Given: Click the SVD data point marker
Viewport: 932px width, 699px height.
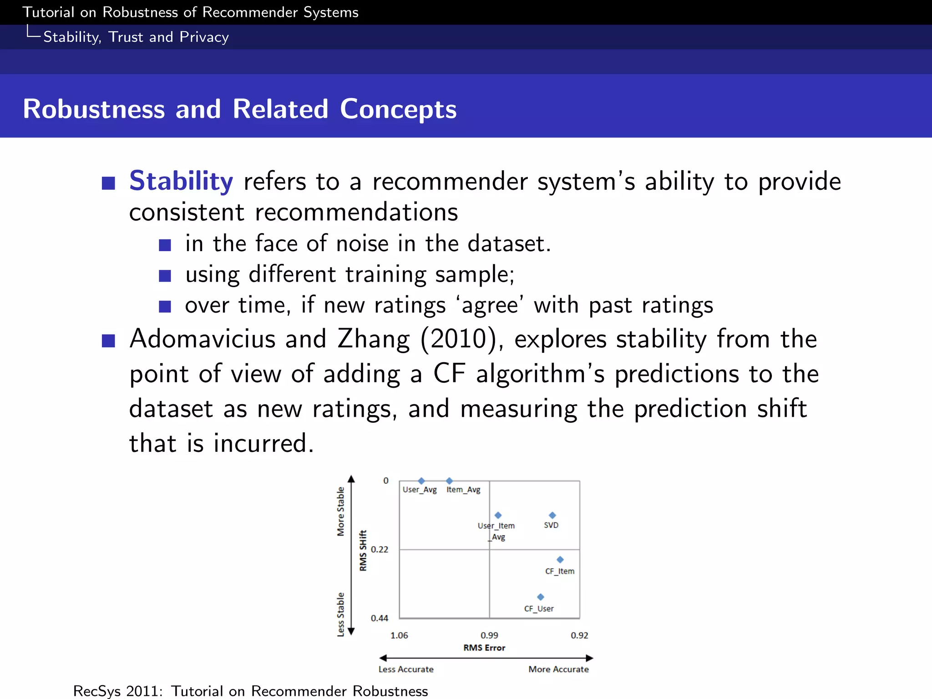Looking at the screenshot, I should pyautogui.click(x=552, y=515).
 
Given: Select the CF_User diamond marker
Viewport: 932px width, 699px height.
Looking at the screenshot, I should pyautogui.click(x=540, y=597).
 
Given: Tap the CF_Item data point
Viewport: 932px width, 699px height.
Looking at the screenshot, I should pyautogui.click(x=560, y=559).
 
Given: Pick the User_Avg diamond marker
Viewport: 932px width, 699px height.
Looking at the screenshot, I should pyautogui.click(x=421, y=481).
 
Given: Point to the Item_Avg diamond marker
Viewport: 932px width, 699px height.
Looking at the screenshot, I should pyautogui.click(x=449, y=481).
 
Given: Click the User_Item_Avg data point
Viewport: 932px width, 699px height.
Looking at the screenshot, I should pyautogui.click(x=498, y=515).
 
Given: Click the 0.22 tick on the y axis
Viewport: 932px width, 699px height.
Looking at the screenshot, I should pyautogui.click(x=380, y=549).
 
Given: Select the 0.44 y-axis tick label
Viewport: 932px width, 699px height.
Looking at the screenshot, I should pyautogui.click(x=380, y=618).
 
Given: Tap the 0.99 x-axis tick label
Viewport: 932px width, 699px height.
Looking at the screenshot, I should pyautogui.click(x=489, y=635).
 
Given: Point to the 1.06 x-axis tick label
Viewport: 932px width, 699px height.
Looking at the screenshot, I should pyautogui.click(x=399, y=635).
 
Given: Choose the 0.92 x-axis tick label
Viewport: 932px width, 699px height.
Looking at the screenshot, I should pyautogui.click(x=579, y=635).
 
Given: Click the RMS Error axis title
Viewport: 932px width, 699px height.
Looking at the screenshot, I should pyautogui.click(x=484, y=648).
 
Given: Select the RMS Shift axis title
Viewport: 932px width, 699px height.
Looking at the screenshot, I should pyautogui.click(x=363, y=550).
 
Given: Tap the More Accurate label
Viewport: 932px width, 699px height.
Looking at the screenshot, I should pyautogui.click(x=558, y=669).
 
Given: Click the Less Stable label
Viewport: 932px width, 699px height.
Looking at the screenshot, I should pyautogui.click(x=340, y=614).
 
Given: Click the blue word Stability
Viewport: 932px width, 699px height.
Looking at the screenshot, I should pyautogui.click(x=181, y=181).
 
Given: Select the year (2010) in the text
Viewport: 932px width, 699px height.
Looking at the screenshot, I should pyautogui.click(x=461, y=339).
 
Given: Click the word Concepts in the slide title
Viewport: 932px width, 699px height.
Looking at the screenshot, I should pyautogui.click(x=398, y=109).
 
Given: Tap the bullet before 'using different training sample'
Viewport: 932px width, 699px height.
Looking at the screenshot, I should pyautogui.click(x=165, y=276).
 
